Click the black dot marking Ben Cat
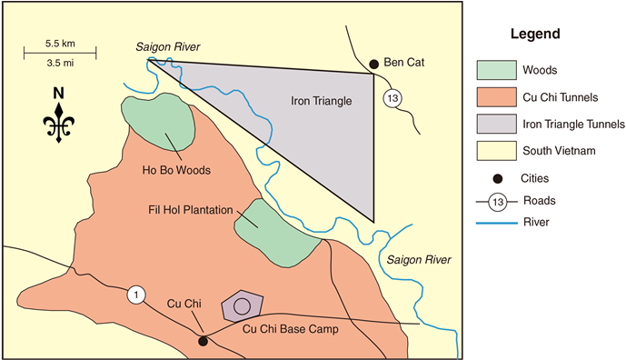pos(373,64)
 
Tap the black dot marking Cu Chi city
pos(203,341)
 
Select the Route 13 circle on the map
pos(392,99)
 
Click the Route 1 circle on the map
pos(135,295)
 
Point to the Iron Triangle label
pos(321,101)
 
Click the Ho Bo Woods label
pos(176,170)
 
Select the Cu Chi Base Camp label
pos(291,329)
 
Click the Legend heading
pos(534,35)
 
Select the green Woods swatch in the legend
pos(494,69)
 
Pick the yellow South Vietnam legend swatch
pos(494,151)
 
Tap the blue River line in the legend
pos(494,220)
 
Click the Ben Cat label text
pos(405,64)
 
